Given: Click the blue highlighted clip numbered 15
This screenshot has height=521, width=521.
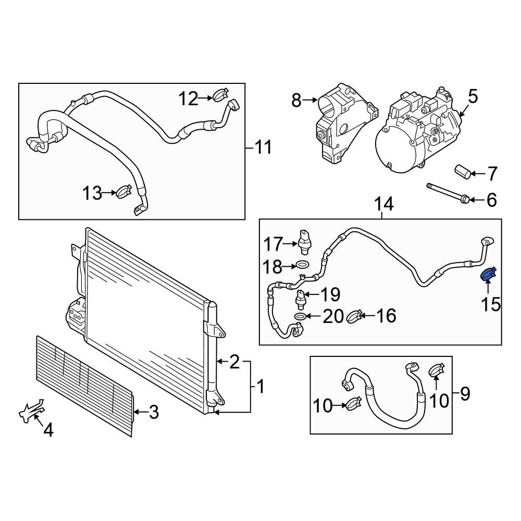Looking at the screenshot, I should pyautogui.click(x=488, y=273).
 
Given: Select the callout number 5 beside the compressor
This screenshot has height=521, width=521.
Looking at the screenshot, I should pyautogui.click(x=472, y=96).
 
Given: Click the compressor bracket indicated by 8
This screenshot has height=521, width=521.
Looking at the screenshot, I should pyautogui.click(x=339, y=120).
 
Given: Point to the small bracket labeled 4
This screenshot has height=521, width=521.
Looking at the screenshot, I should pyautogui.click(x=31, y=411).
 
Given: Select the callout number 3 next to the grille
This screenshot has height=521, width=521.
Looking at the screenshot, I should pyautogui.click(x=154, y=413).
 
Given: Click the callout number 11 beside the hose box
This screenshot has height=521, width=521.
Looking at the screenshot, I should pyautogui.click(x=263, y=147).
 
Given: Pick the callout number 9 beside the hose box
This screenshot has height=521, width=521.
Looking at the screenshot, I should pyautogui.click(x=464, y=394).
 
